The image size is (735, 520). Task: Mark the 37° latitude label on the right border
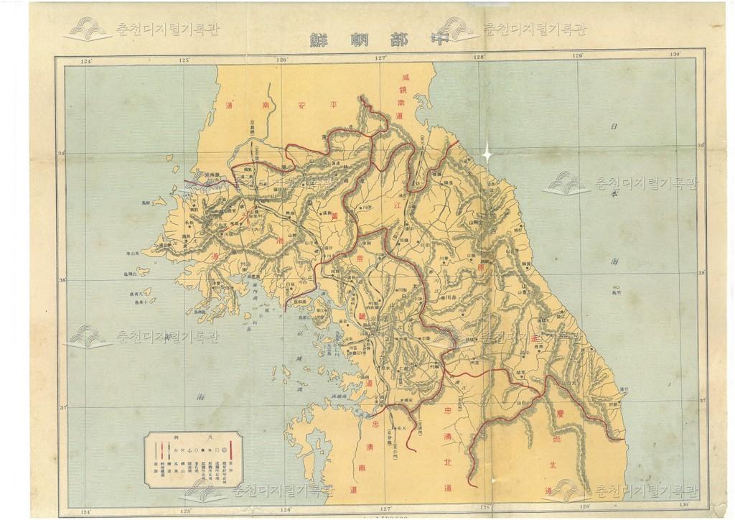(x=702, y=401)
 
